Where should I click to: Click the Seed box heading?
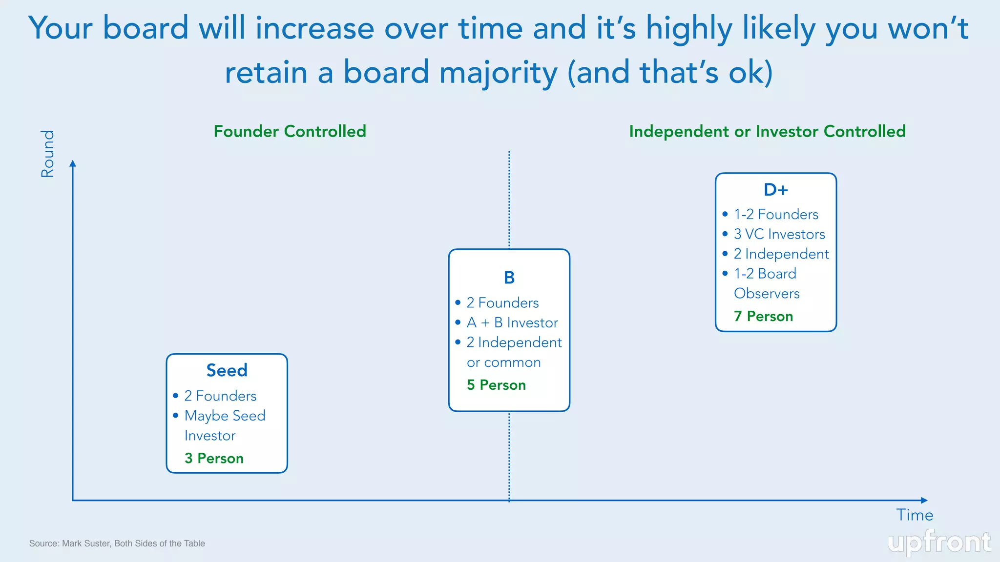tap(227, 370)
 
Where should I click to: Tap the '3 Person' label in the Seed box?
tap(214, 458)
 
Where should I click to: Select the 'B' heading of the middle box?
tap(509, 278)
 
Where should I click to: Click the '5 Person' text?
tap(496, 385)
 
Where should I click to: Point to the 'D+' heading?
tap(775, 190)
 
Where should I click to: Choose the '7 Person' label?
tap(763, 316)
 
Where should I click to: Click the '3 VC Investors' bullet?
tap(779, 234)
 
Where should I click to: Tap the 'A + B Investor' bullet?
tap(512, 322)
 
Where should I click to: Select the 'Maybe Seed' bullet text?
tap(225, 416)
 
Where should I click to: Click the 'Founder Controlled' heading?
tap(290, 131)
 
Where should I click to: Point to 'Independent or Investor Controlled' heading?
tap(767, 131)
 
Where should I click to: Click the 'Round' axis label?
tap(47, 154)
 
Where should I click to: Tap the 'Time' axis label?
tap(914, 515)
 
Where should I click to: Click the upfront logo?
tap(939, 542)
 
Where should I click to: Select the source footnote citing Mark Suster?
tap(117, 543)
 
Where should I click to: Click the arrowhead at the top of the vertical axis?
tap(73, 163)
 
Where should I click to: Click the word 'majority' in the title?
tap(498, 72)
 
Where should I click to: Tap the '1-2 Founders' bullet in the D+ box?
tap(776, 214)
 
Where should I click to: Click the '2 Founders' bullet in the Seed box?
tap(220, 396)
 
